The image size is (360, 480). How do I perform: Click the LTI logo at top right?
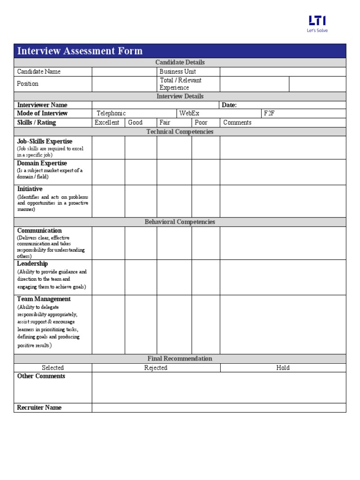(x=317, y=23)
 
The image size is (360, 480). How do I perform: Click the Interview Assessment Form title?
(x=80, y=51)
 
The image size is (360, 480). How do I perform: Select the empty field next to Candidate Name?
(x=124, y=72)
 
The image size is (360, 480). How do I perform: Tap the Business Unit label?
(x=178, y=72)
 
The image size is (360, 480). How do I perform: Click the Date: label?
(x=229, y=105)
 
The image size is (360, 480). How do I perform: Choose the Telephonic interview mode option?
(x=111, y=113)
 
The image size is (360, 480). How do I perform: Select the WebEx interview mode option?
(x=189, y=113)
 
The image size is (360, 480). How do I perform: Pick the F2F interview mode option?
(x=269, y=113)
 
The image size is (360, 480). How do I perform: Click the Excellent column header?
(x=107, y=122)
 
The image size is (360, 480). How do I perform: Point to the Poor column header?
(x=201, y=122)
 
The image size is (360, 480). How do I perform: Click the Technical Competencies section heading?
(x=180, y=132)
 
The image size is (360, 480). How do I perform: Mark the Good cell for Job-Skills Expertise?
(x=141, y=148)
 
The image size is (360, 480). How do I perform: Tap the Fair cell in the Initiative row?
(x=174, y=201)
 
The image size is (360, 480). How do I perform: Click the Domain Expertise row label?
(x=42, y=164)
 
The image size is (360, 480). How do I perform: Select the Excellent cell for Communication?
(x=108, y=243)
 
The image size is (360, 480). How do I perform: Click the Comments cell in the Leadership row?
(x=283, y=277)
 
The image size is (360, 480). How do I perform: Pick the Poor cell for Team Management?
(x=205, y=324)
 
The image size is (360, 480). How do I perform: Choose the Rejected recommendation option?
(x=156, y=368)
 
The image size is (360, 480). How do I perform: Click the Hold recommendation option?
(x=283, y=368)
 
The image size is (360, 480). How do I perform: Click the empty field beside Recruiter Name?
(x=219, y=408)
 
